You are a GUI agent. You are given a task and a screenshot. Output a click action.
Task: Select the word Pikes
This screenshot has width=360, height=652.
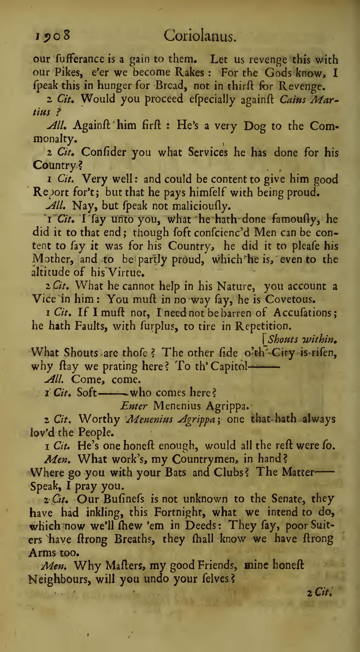click(x=68, y=73)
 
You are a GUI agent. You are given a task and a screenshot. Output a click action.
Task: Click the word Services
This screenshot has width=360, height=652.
click(x=208, y=152)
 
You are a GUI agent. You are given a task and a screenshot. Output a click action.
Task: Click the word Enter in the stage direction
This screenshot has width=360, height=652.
click(x=134, y=406)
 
